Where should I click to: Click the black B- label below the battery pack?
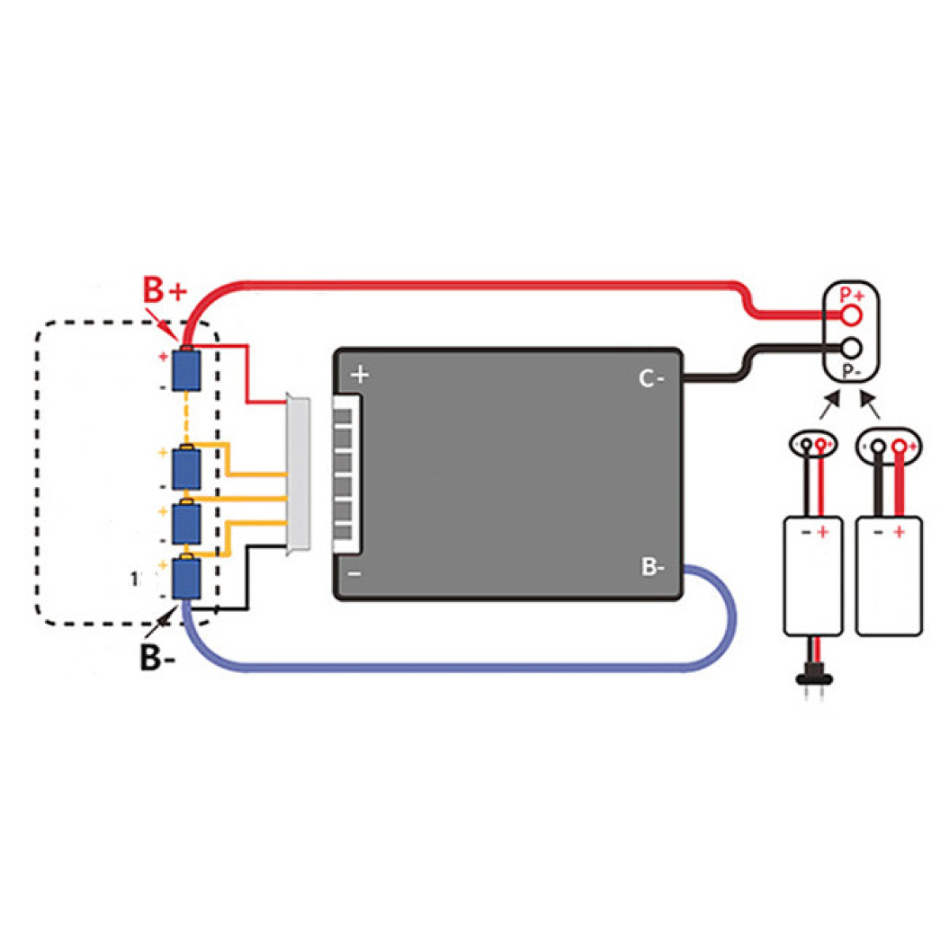click(158, 657)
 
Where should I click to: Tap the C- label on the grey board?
click(652, 380)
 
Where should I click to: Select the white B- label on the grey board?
click(653, 567)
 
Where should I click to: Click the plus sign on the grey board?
click(360, 374)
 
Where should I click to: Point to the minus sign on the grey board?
click(355, 573)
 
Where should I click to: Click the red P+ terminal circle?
click(852, 315)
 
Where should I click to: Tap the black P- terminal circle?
click(852, 347)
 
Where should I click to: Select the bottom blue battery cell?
click(187, 577)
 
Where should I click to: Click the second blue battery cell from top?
click(187, 469)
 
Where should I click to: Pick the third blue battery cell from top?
click(187, 522)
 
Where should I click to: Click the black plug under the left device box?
click(812, 676)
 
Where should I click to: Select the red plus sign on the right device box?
click(898, 532)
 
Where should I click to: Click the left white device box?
click(812, 576)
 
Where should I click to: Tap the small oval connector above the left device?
click(813, 445)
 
